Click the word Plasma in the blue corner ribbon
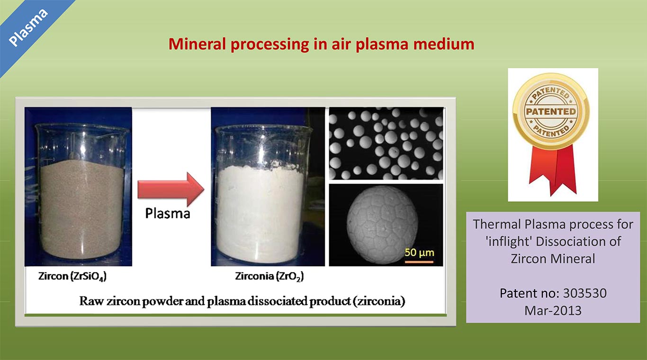(x=28, y=27)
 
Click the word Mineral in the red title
(x=197, y=44)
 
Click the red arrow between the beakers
(x=171, y=189)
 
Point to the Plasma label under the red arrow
(x=168, y=214)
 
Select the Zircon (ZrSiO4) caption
(x=72, y=277)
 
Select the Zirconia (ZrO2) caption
(x=269, y=277)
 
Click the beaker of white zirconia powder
(x=263, y=194)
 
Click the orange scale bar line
(x=419, y=262)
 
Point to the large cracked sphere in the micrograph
(x=382, y=225)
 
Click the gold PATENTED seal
(x=551, y=111)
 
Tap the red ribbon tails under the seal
(x=552, y=171)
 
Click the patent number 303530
(x=585, y=293)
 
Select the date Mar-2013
(x=553, y=311)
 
